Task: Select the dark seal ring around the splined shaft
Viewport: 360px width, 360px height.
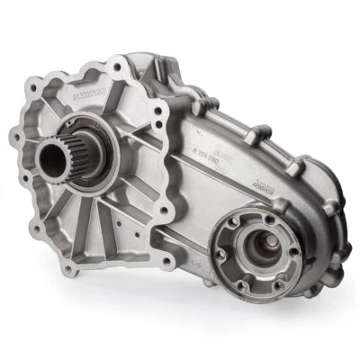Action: point(100,144)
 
